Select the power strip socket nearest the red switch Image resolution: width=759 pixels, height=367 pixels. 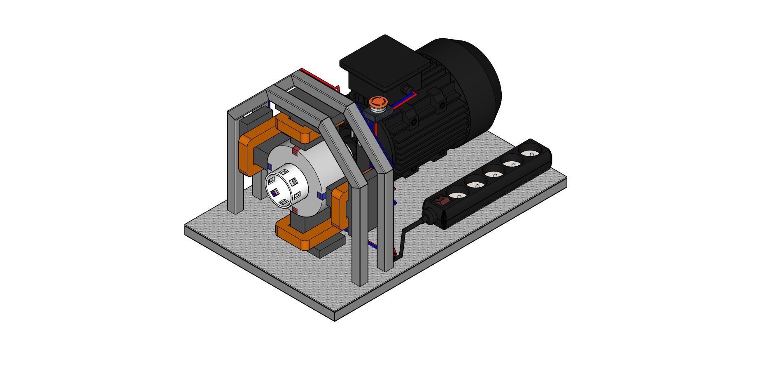click(x=456, y=191)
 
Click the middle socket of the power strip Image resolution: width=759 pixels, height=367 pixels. click(x=494, y=172)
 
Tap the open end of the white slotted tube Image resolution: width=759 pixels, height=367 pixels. click(x=275, y=185)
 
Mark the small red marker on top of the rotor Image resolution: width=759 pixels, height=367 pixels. click(x=295, y=151)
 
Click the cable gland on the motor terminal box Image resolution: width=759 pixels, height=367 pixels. click(x=405, y=89)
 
